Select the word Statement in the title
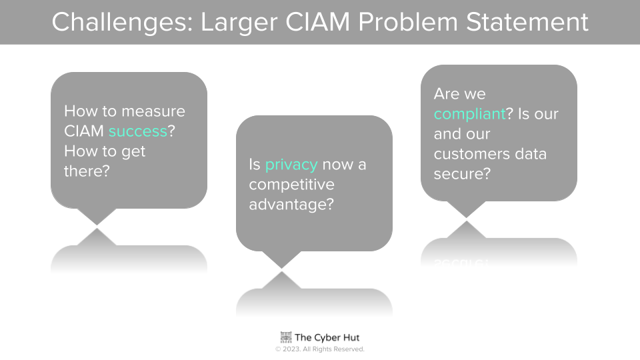coord(527,21)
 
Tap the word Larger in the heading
coord(239,23)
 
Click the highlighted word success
coord(138,131)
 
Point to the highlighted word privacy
coord(291,165)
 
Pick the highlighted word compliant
coord(470,115)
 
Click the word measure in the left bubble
coord(153,111)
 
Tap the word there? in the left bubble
coord(87,171)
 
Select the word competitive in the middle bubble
coord(291,185)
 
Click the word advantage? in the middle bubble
coord(291,205)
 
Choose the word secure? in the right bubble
coord(462,174)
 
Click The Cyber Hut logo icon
coord(286,337)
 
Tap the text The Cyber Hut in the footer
coord(327,337)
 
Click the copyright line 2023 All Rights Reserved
coord(320,349)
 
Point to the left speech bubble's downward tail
coord(97,216)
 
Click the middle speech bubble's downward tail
coord(281,259)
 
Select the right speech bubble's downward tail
coord(467,209)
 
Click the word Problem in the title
coord(408,21)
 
